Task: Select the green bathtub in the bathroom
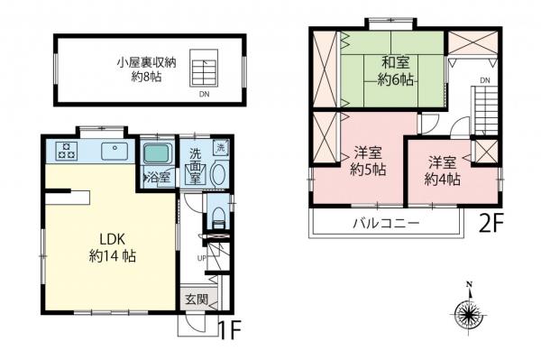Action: point(158,153)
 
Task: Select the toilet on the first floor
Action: point(217,215)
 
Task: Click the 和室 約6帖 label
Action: point(395,71)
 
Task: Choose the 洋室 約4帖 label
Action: point(444,171)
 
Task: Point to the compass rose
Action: point(469,313)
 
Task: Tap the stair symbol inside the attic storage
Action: point(209,73)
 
